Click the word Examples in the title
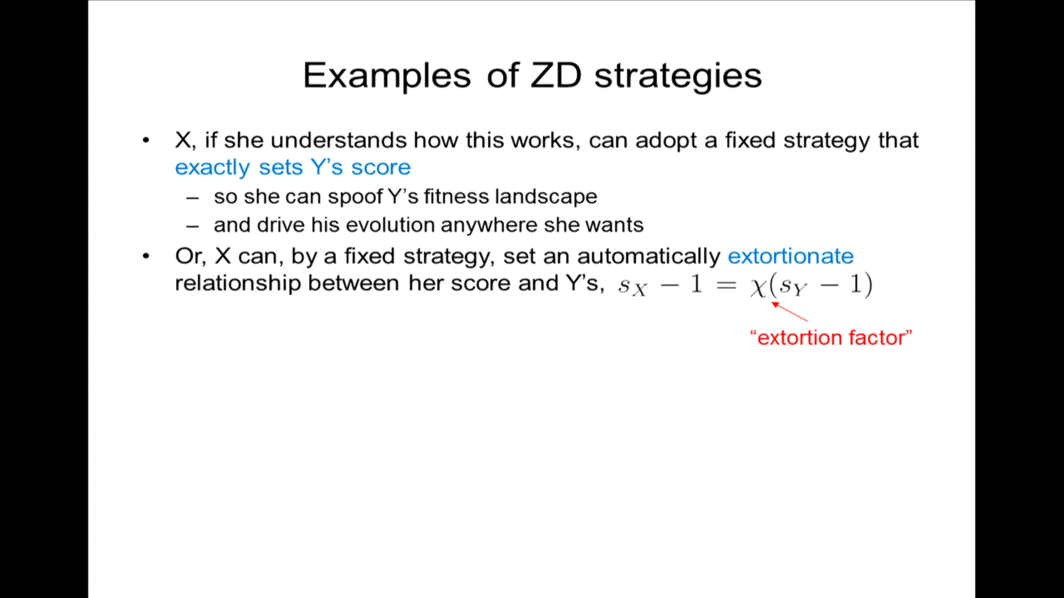pyautogui.click(x=387, y=76)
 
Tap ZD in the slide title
pyautogui.click(x=556, y=75)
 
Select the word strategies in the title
pyautogui.click(x=678, y=76)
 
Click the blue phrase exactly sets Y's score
pyautogui.click(x=293, y=167)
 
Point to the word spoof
pyautogui.click(x=355, y=197)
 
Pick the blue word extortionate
pyautogui.click(x=790, y=256)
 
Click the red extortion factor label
pyautogui.click(x=831, y=337)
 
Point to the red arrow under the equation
pyautogui.click(x=790, y=311)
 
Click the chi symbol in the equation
pyautogui.click(x=758, y=287)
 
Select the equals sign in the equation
pyautogui.click(x=726, y=285)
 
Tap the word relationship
pyautogui.click(x=238, y=283)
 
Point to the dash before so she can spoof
pyautogui.click(x=192, y=198)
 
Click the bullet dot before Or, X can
pyautogui.click(x=146, y=256)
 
